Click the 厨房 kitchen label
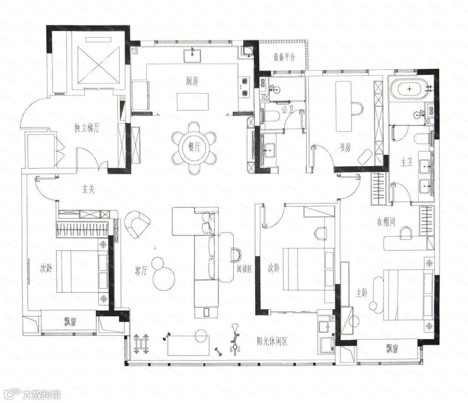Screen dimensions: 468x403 coord(192,81)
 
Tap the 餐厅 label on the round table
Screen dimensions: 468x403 coord(194,147)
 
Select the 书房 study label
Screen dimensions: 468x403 coord(345,147)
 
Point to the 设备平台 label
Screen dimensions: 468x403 coord(284,57)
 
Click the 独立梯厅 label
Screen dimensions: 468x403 coord(87,128)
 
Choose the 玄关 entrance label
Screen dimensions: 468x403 coord(88,189)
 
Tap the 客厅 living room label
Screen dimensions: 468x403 coord(141,271)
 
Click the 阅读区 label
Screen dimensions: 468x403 coord(244,269)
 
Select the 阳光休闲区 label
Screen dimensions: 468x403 coord(273,341)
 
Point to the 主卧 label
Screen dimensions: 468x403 coord(362,293)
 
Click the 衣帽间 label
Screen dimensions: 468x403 coord(386,222)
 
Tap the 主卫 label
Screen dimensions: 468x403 coord(406,163)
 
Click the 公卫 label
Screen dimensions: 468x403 coord(287,110)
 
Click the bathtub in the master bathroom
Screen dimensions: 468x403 coord(406,88)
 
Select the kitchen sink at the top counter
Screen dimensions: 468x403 coord(192,55)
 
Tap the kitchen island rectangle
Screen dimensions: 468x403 coord(193,102)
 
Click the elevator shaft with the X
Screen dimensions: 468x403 coord(98,65)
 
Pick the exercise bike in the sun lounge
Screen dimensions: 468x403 coord(235,340)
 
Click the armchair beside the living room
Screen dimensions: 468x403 coord(137,223)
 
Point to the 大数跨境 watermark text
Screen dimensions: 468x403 coord(41,394)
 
